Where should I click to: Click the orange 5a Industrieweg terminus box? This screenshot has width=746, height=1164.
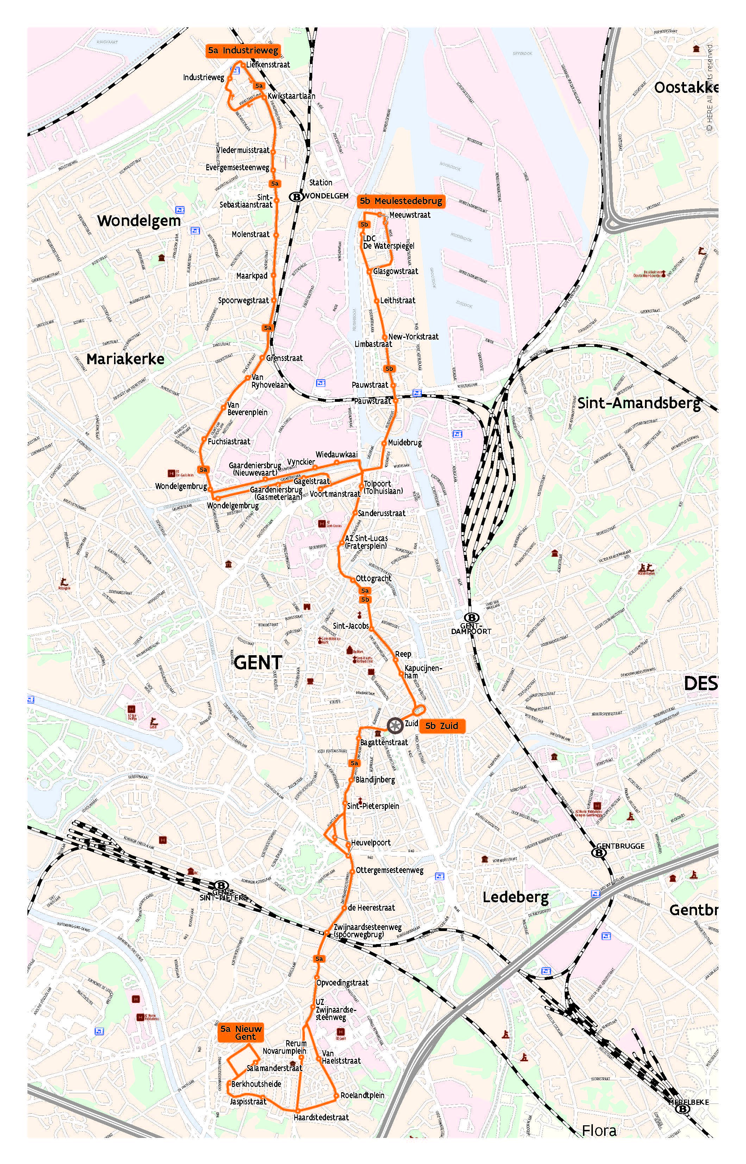[x=243, y=50]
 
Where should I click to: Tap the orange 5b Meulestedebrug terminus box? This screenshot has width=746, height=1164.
[x=401, y=201]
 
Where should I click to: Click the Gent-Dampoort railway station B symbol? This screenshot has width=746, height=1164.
[x=471, y=618]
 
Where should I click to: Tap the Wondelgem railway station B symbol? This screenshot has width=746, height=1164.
[x=295, y=197]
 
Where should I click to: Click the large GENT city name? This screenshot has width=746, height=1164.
[x=258, y=662]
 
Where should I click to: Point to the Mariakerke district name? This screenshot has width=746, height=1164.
[x=125, y=359]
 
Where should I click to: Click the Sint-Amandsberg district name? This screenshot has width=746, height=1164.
[x=639, y=403]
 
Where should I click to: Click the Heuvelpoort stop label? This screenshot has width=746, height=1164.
[x=371, y=842]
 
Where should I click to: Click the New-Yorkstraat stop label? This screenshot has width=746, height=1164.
[x=413, y=336]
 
